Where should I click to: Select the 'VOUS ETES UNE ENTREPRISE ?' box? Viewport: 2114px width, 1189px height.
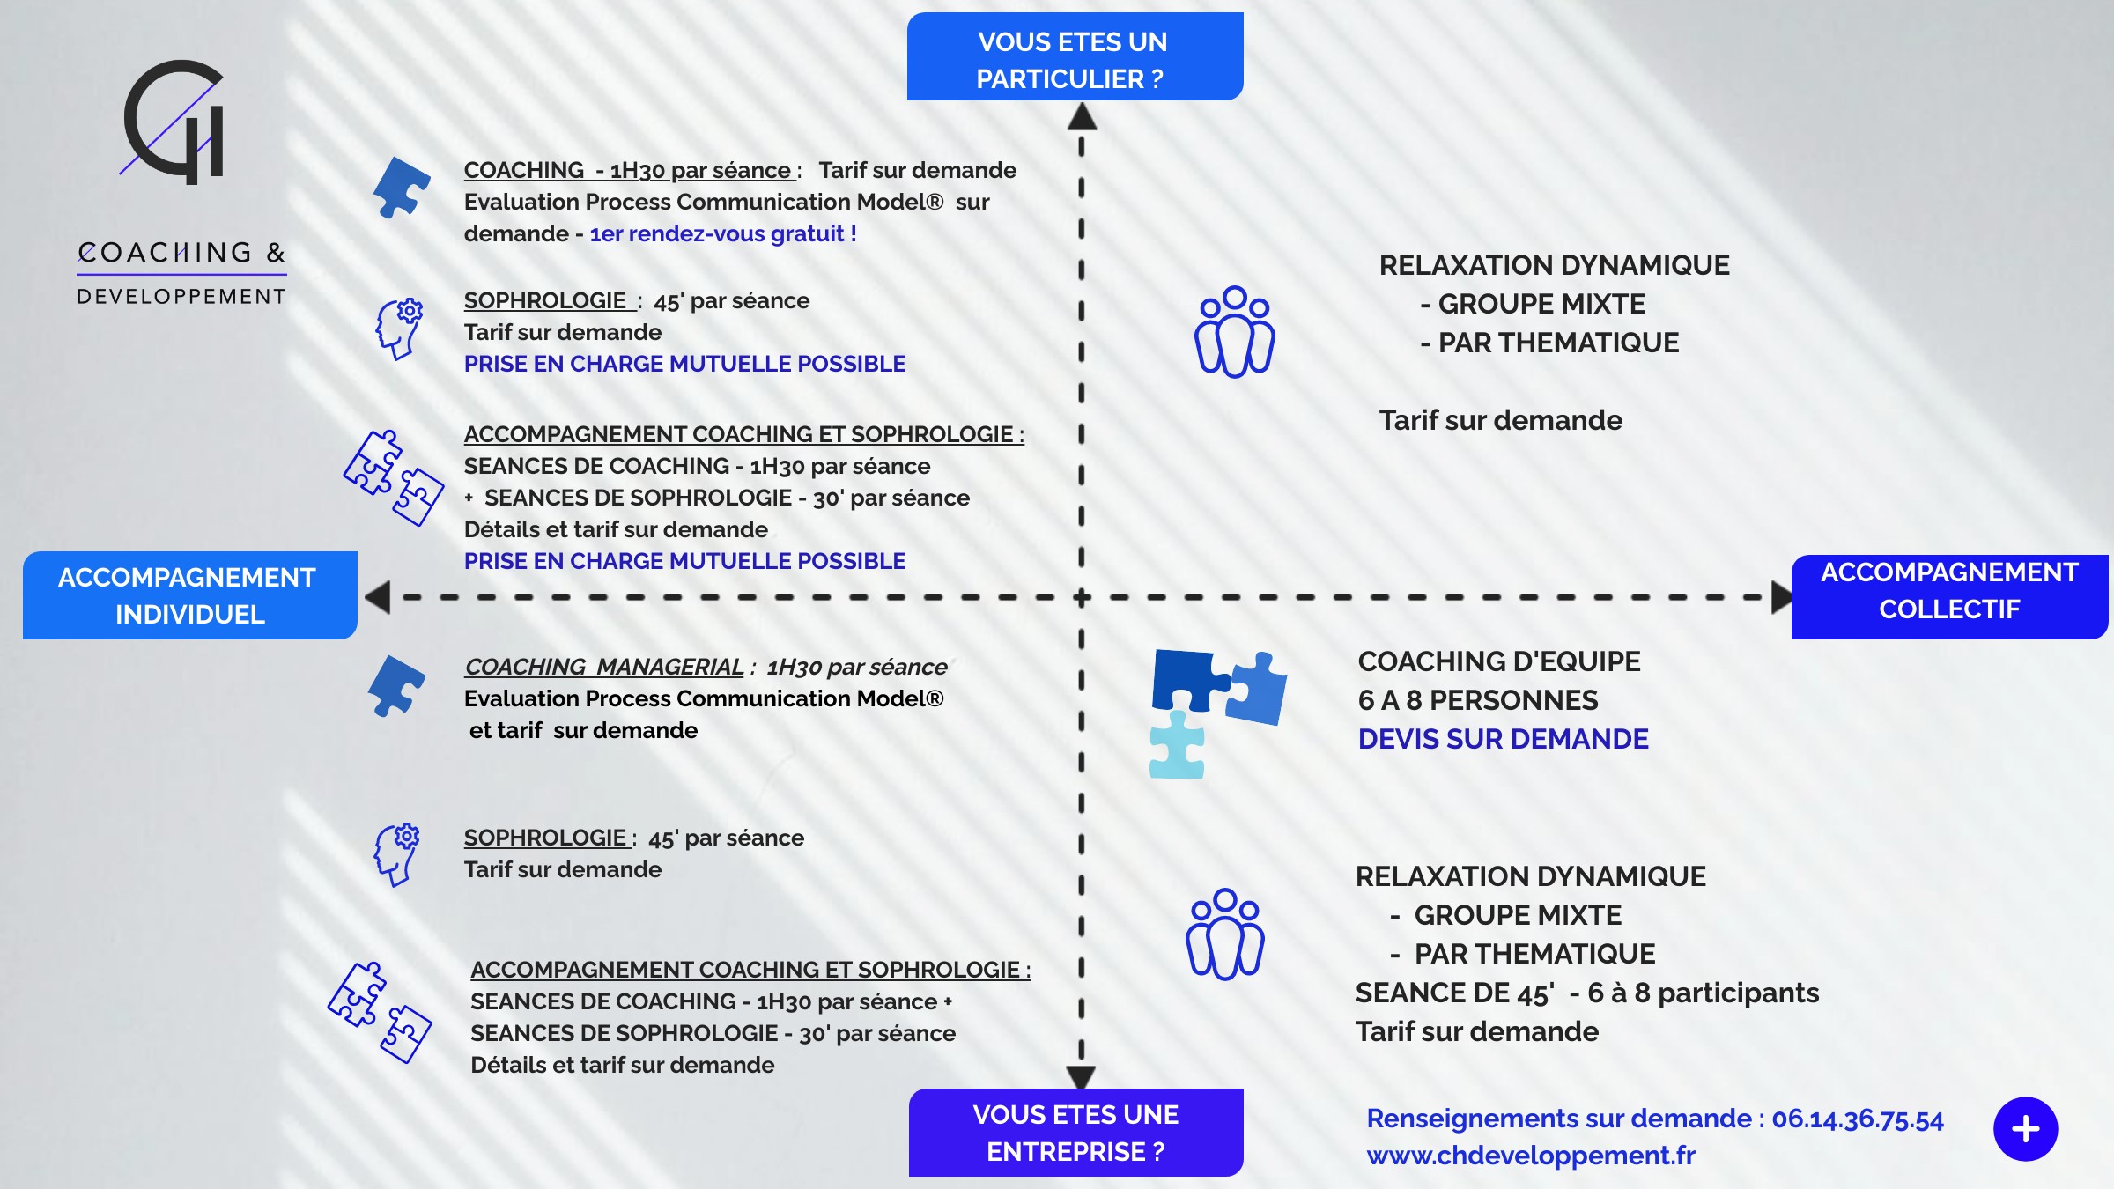(1075, 1133)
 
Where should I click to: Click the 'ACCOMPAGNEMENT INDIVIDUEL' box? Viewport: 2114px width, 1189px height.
(189, 595)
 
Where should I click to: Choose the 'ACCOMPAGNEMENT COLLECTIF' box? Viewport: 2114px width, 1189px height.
(1948, 592)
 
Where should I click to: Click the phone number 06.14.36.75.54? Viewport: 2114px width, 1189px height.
(1857, 1119)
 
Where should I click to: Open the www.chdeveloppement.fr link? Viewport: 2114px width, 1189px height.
(1530, 1156)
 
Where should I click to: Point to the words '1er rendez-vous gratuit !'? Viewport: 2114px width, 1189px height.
(722, 234)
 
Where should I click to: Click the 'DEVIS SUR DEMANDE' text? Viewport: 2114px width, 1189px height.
(1503, 739)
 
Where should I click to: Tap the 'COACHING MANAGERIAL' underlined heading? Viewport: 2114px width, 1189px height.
(604, 668)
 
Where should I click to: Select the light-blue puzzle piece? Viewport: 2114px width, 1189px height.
(1177, 746)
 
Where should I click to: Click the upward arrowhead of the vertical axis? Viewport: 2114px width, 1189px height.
(1082, 117)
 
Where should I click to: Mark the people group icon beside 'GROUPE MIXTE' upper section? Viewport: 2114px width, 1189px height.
(1234, 332)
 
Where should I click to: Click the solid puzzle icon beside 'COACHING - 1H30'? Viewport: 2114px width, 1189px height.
(402, 187)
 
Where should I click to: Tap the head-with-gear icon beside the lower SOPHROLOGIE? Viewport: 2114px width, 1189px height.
(397, 853)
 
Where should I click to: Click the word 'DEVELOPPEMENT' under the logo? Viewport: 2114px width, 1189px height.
(181, 297)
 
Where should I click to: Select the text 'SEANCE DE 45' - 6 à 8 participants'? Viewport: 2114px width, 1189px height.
(1586, 993)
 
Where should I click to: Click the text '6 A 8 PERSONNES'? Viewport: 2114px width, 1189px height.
(1477, 700)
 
